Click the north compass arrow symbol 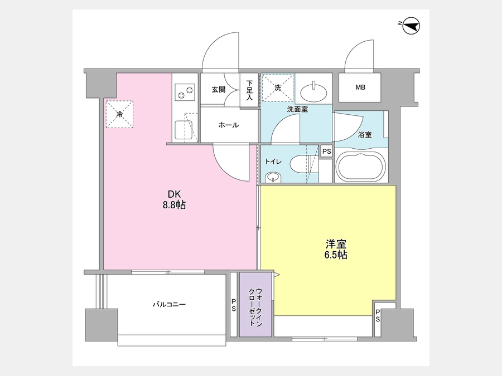click(411, 26)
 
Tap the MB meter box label click(360, 87)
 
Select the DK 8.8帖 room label click(175, 199)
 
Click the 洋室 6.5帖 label click(336, 250)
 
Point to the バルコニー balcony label click(169, 304)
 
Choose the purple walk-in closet click(255, 304)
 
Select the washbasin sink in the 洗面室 click(313, 92)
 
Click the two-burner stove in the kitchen click(185, 92)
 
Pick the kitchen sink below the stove click(184, 130)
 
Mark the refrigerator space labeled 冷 click(119, 114)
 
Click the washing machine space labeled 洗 click(278, 87)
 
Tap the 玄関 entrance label click(218, 89)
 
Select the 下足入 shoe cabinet click(249, 90)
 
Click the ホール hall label click(229, 125)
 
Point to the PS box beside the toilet click(326, 151)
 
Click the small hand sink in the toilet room click(273, 177)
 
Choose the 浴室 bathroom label click(365, 135)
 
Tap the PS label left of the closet click(234, 305)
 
